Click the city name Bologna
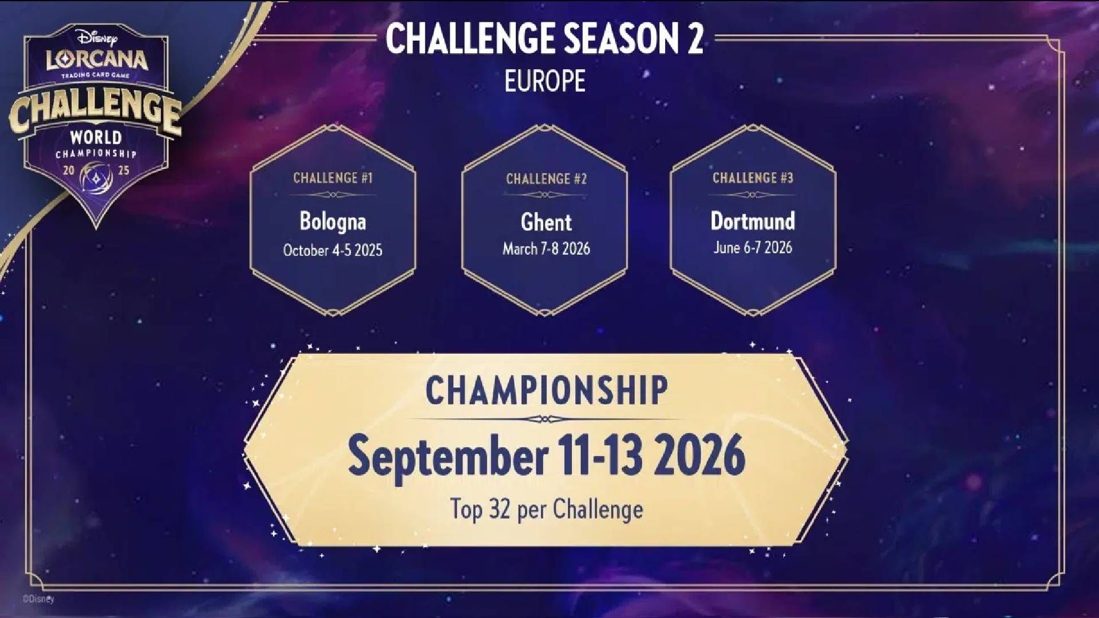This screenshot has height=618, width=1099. tap(333, 222)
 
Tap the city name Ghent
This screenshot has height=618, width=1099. tap(546, 222)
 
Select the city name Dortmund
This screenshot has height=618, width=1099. tap(753, 221)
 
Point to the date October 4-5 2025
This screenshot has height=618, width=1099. tap(333, 250)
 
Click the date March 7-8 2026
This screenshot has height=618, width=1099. tap(546, 248)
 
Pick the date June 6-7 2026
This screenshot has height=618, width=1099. tap(753, 247)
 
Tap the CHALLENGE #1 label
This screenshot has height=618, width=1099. tap(333, 178)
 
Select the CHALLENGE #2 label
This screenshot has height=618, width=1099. tap(546, 179)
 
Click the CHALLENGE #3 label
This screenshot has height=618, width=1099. tap(753, 178)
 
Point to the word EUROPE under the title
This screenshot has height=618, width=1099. tap(545, 81)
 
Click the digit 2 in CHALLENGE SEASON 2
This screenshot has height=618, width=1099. tap(694, 39)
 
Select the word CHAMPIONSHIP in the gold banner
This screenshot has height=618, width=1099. tap(547, 391)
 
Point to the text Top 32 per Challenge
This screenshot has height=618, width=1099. tap(547, 509)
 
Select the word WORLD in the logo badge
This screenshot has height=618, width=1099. tap(96, 137)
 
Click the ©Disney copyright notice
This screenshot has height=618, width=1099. tap(38, 599)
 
